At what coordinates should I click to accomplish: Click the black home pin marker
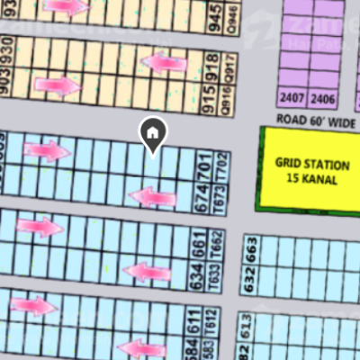(x=153, y=135)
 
